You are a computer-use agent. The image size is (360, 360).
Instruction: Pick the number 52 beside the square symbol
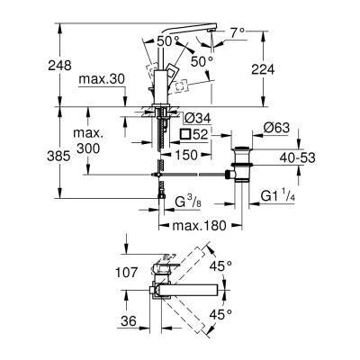(201, 134)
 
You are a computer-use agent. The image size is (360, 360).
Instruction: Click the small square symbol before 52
(184, 134)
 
